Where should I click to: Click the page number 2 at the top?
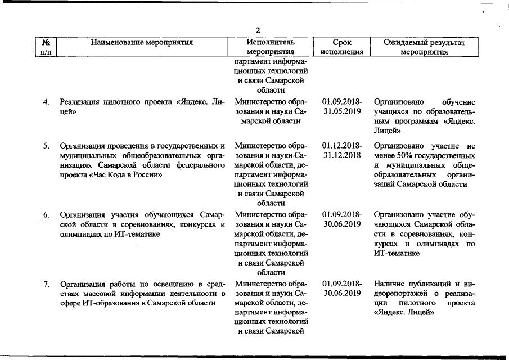tap(258, 30)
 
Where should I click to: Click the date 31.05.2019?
tap(342, 112)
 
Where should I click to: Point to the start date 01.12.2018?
tap(342, 146)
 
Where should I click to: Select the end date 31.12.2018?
tap(342, 156)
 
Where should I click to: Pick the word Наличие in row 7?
tap(389, 283)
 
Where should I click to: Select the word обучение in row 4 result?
tap(458, 102)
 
